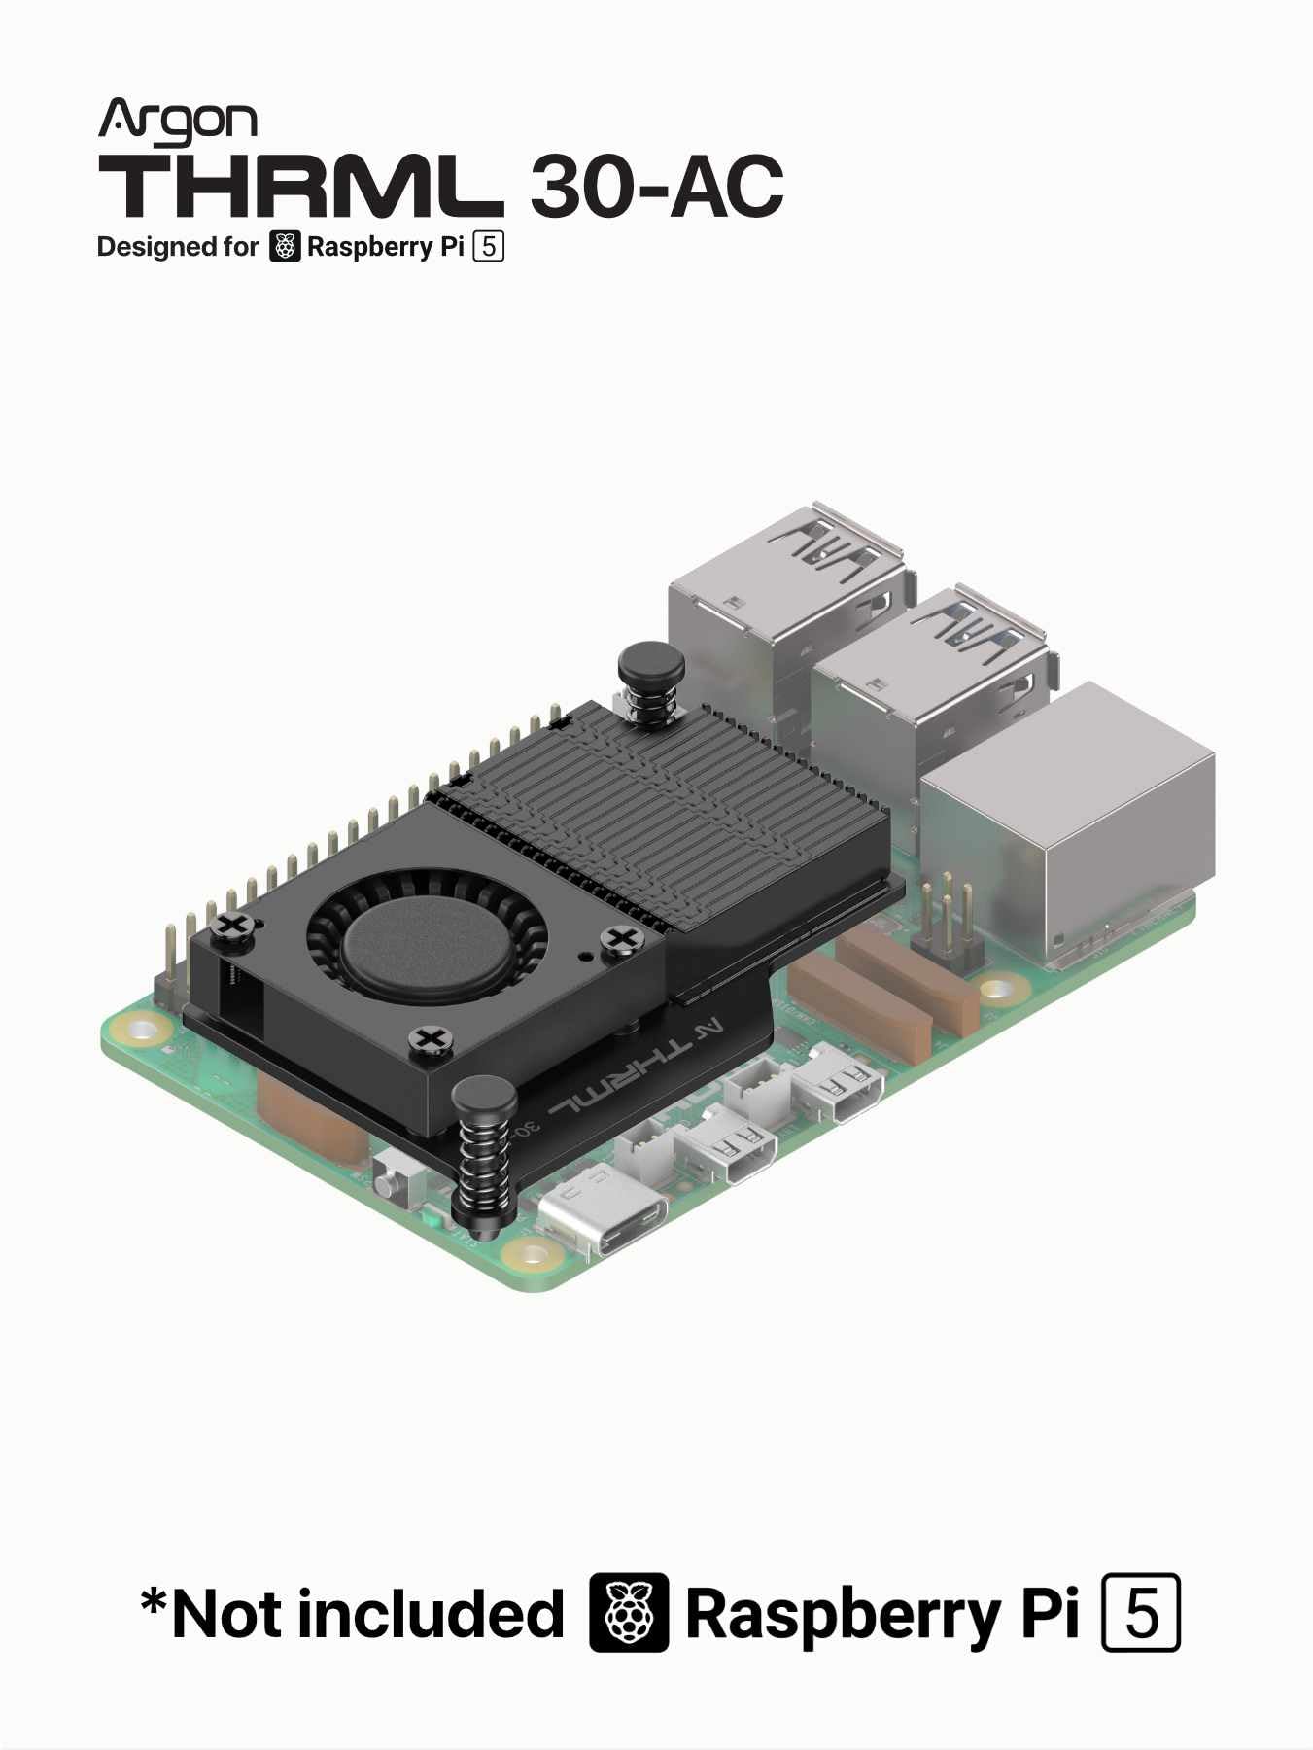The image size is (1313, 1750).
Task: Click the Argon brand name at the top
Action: [x=177, y=121]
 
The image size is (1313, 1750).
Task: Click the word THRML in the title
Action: [x=299, y=186]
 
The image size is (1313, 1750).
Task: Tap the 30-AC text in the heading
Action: [x=656, y=186]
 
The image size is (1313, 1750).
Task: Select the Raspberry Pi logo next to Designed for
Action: [x=284, y=247]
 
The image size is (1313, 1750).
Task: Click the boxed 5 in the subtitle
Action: [x=488, y=247]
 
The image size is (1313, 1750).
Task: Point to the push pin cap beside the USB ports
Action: [x=651, y=665]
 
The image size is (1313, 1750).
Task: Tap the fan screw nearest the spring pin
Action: [x=429, y=1039]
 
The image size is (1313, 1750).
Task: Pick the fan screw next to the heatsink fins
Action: [x=623, y=938]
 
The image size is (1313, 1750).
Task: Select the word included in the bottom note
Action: [x=430, y=1615]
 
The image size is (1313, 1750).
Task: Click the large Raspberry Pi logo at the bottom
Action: [x=629, y=1613]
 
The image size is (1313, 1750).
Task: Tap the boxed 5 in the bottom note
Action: [x=1141, y=1613]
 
